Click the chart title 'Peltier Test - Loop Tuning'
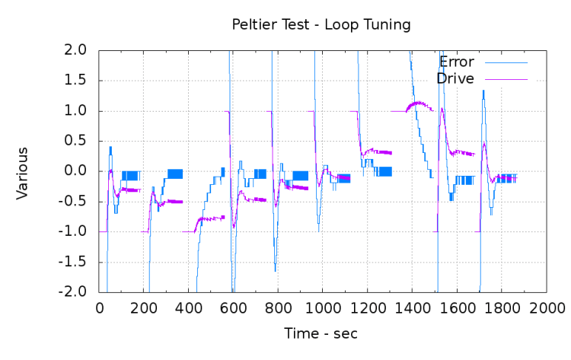click(x=321, y=24)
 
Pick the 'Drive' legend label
click(x=455, y=78)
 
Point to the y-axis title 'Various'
click(x=22, y=173)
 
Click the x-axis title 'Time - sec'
click(x=321, y=333)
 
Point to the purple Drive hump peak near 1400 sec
click(x=417, y=103)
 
